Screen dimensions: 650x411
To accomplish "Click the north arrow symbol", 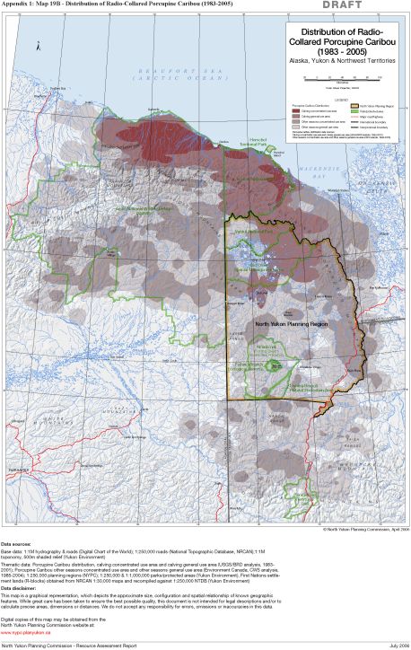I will point(39,45).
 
